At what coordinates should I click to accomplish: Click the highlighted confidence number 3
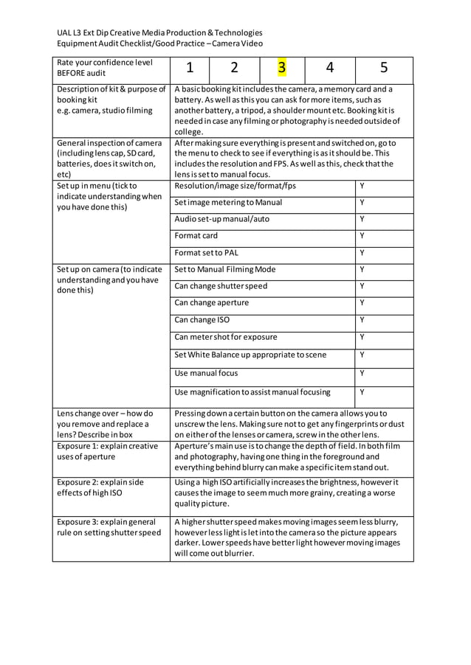pyautogui.click(x=281, y=69)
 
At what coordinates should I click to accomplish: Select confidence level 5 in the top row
pyautogui.click(x=384, y=69)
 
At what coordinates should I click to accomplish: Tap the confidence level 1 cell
pyautogui.click(x=190, y=69)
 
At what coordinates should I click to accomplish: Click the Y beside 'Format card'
pyautogui.click(x=362, y=236)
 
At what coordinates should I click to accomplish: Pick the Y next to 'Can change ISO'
pyautogui.click(x=362, y=320)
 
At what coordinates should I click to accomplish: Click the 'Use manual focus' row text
pyautogui.click(x=206, y=374)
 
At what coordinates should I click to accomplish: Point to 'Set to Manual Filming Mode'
pyautogui.click(x=224, y=270)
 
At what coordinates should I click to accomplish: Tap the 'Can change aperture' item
pyautogui.click(x=211, y=302)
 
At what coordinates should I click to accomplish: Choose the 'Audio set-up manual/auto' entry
pyautogui.click(x=221, y=219)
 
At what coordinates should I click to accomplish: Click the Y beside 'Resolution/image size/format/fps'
pyautogui.click(x=362, y=186)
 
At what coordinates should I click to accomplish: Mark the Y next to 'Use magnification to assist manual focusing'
pyautogui.click(x=362, y=392)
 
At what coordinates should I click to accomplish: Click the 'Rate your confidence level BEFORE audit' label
pyautogui.click(x=104, y=68)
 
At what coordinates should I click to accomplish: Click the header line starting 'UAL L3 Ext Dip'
pyautogui.click(x=159, y=32)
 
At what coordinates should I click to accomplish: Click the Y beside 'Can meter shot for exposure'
pyautogui.click(x=362, y=337)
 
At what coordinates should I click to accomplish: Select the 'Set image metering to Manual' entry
pyautogui.click(x=228, y=203)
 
